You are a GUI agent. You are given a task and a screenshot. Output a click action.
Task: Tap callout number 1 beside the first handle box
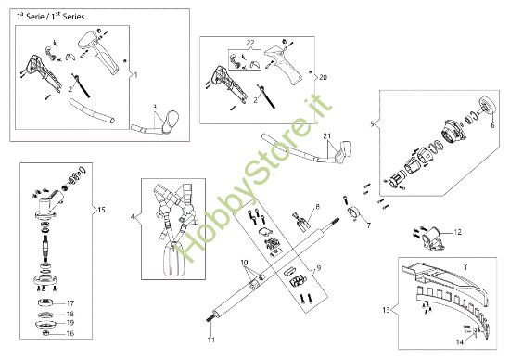pyautogui.click(x=136, y=72)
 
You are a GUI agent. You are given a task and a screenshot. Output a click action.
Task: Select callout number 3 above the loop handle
pyautogui.click(x=156, y=107)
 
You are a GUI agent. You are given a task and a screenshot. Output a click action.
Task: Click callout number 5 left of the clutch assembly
pyautogui.click(x=373, y=123)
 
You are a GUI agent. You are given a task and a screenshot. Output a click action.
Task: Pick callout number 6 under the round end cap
pyautogui.click(x=492, y=124)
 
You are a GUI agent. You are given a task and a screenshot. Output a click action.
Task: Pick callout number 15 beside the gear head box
pyautogui.click(x=101, y=211)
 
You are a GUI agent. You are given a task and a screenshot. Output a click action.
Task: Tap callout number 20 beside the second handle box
pyautogui.click(x=322, y=76)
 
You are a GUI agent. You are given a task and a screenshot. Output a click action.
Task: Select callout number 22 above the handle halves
pyautogui.click(x=249, y=45)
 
